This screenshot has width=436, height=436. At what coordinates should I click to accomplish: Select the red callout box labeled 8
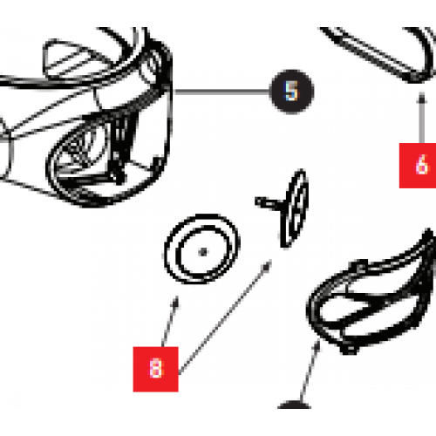coord(154,368)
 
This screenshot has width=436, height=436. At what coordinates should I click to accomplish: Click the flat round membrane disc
coord(200,251)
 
